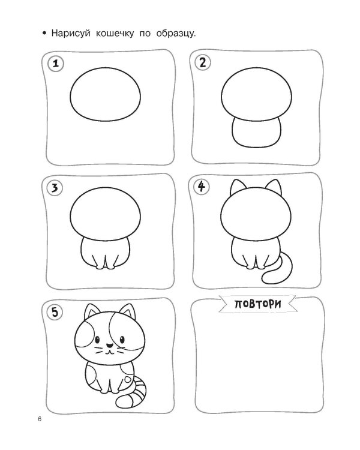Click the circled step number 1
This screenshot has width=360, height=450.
tap(56, 63)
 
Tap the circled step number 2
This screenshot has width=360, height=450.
tap(203, 62)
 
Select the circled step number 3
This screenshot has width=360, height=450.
tap(55, 188)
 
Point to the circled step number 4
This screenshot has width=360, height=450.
tap(202, 187)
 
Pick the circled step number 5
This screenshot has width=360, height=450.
tap(55, 312)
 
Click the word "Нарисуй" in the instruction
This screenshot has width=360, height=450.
tap(71, 33)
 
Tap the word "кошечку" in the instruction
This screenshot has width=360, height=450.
tap(115, 33)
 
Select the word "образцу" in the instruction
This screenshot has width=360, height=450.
tap(175, 34)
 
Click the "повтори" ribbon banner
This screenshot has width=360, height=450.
tap(257, 304)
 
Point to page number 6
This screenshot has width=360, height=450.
tap(40, 419)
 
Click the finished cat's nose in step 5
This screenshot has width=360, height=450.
tap(109, 346)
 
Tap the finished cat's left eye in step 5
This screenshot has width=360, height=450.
tap(97, 340)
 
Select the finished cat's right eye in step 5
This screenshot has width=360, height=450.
tap(122, 340)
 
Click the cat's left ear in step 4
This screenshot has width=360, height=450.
tap(238, 187)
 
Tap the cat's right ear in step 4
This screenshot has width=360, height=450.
tap(274, 187)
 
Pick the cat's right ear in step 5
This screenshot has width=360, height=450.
tap(127, 311)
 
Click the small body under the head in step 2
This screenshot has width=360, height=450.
tap(256, 133)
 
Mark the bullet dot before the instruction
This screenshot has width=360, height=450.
tap(44, 34)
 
